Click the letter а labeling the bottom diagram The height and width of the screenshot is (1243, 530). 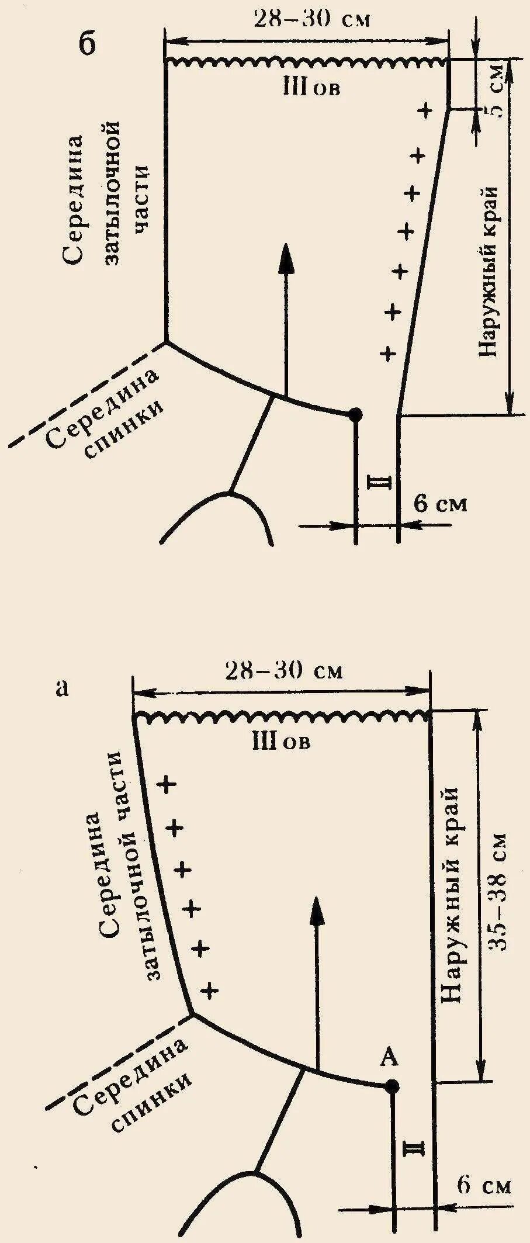[x=62, y=688]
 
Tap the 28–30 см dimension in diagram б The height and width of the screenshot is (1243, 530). [x=311, y=19]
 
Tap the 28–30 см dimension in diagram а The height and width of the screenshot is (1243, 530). [x=284, y=670]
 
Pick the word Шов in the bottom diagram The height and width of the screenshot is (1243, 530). [x=281, y=742]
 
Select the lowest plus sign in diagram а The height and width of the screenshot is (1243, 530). [x=209, y=990]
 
